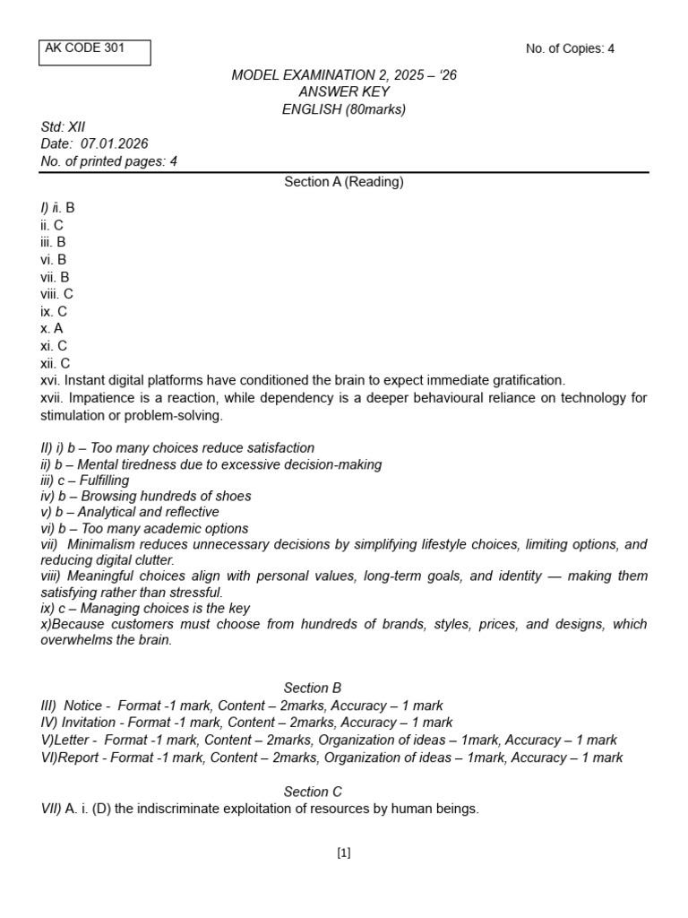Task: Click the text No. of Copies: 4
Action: [570, 48]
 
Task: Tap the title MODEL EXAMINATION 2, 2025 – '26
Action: [344, 75]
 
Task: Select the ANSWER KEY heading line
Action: [344, 92]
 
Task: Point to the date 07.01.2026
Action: [115, 143]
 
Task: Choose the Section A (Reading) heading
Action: [344, 182]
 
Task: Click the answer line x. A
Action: [52, 328]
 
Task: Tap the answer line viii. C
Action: [56, 294]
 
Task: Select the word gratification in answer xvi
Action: [527, 380]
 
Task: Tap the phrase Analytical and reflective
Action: [148, 512]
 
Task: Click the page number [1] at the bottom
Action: [344, 853]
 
